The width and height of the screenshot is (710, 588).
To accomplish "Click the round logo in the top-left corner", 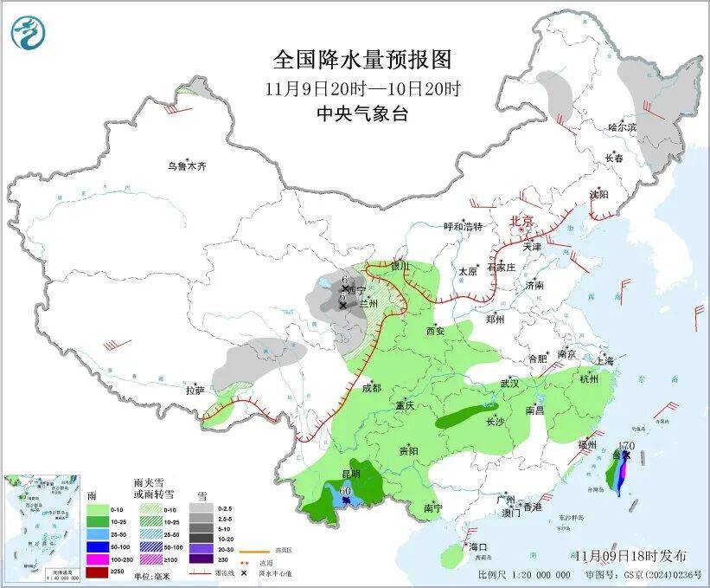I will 28,33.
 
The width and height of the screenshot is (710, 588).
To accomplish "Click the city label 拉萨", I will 195,391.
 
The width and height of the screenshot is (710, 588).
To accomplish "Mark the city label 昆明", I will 350,475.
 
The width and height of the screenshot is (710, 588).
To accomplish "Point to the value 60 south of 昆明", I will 345,490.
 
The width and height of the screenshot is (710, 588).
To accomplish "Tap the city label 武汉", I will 509,383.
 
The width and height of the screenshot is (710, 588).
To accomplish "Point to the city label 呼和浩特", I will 463,227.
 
